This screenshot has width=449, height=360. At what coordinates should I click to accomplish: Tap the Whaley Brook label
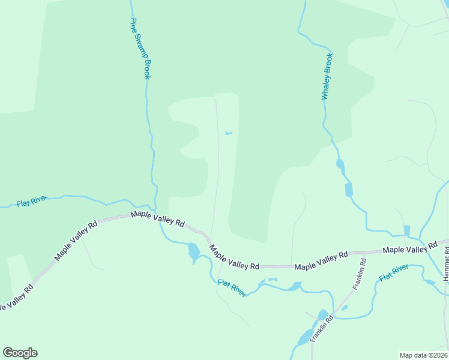coord(327,76)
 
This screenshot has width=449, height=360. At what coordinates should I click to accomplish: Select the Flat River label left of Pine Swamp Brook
coord(32,202)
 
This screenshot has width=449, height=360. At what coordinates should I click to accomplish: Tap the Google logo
coord(20,353)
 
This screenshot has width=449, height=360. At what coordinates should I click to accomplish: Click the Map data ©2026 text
coord(423,355)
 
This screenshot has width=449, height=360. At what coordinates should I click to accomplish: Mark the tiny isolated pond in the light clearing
coord(228,133)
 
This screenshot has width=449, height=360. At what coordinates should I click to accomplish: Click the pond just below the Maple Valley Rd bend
coord(193,251)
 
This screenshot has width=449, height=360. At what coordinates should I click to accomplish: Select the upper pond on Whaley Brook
coord(340,164)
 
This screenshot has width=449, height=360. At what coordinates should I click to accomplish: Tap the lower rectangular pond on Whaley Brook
coord(349,190)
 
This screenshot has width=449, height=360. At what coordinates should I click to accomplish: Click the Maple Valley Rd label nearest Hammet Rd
coord(410,248)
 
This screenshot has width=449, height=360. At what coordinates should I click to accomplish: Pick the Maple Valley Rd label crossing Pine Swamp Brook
coord(158,217)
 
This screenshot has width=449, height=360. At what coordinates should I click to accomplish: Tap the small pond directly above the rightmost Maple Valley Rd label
coord(407,230)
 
